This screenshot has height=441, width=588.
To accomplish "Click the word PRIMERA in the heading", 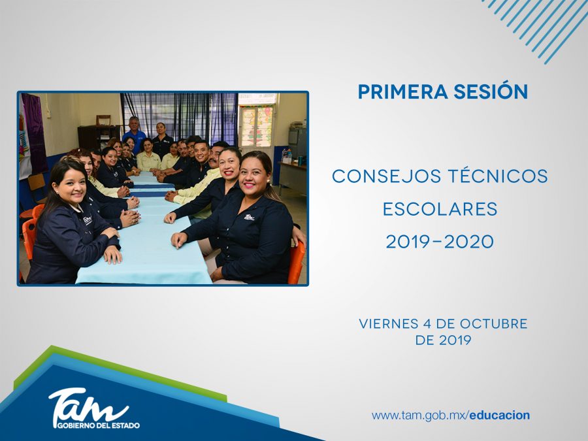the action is pos(402,91).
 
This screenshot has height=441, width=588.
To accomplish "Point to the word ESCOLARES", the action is pos(440,209).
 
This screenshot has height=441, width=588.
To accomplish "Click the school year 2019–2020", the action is pos(440,242).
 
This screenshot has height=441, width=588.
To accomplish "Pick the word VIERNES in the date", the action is pos(388,323).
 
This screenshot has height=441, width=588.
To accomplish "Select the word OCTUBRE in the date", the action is pos(493,323).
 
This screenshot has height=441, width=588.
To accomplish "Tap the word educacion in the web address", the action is pos(500,416).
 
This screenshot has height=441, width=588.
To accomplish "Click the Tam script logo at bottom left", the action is pos(88,405).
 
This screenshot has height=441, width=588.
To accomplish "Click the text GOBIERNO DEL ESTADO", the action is pos(98,425).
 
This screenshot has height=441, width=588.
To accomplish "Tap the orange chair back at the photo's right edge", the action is pos(296,262).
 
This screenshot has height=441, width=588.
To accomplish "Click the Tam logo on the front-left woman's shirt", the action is pos(88,219).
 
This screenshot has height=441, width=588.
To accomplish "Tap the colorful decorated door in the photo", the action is pos(257,125).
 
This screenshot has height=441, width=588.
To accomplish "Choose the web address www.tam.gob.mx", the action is pos(419,416).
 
